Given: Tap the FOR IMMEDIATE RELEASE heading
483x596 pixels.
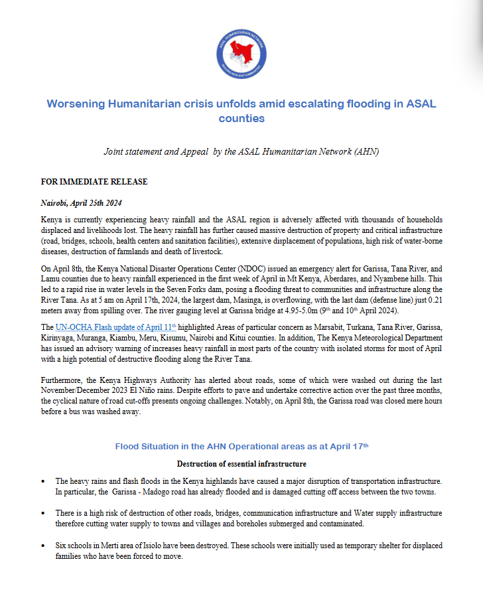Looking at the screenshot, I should coord(94,182).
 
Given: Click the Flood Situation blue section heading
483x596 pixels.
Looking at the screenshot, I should coord(241,446).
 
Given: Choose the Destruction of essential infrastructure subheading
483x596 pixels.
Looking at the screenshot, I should coord(241,463).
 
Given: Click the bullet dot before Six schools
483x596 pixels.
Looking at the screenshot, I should coord(44,546).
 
